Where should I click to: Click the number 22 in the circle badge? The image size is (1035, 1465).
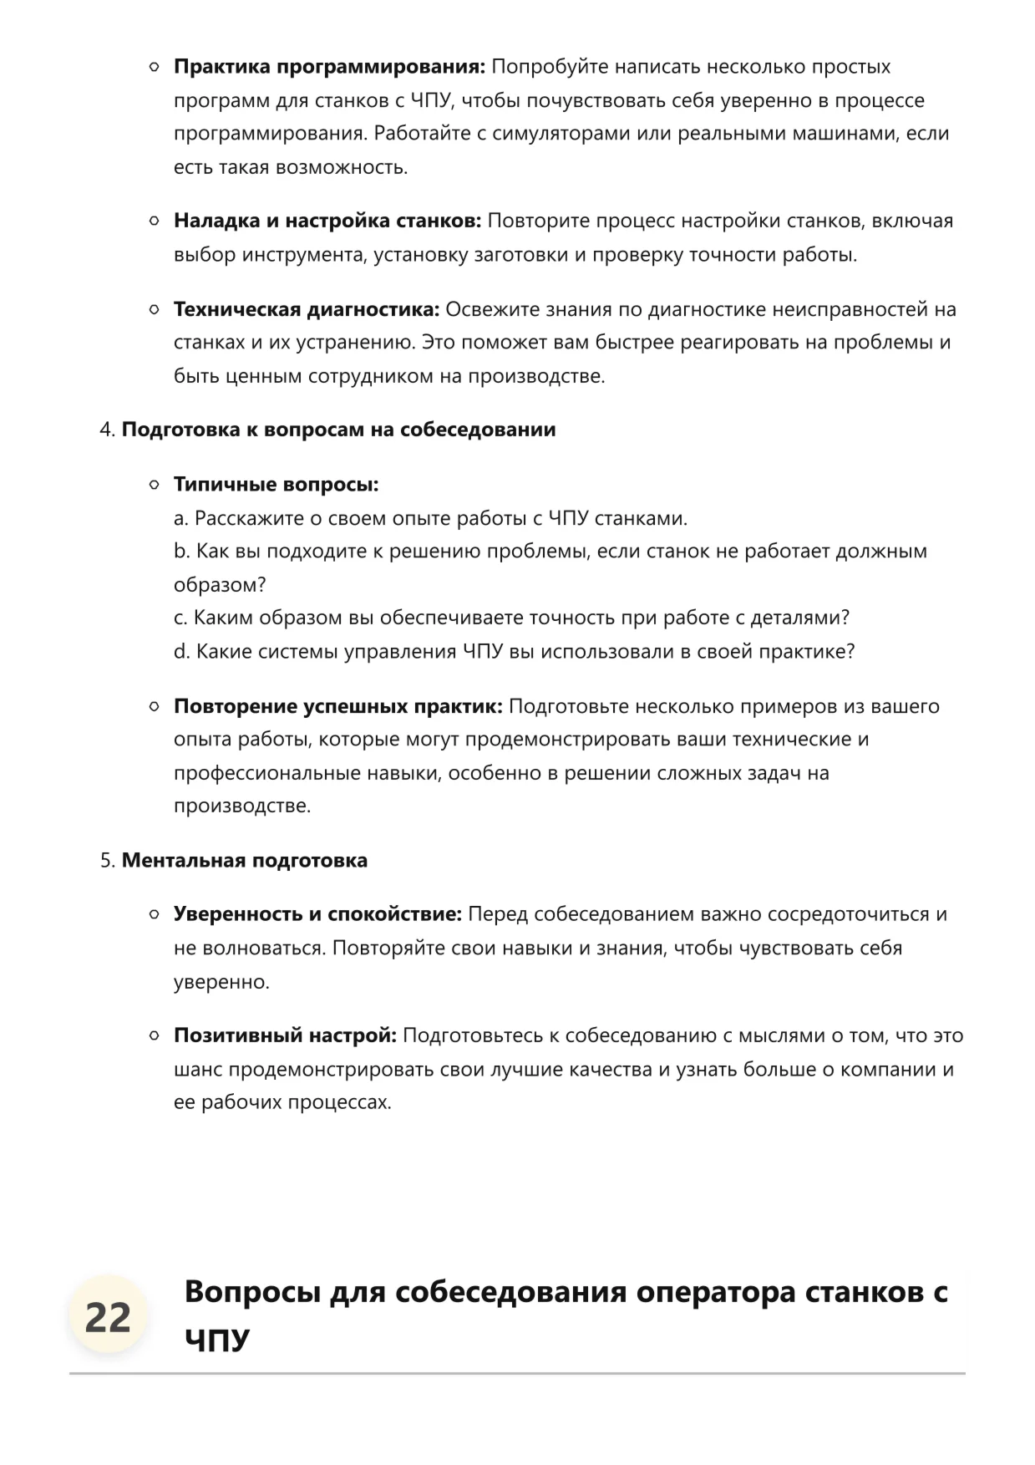pyautogui.click(x=108, y=1318)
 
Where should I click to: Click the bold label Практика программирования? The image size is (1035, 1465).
pyautogui.click(x=329, y=67)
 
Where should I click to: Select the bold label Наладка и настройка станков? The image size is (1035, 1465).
pyautogui.click(x=327, y=221)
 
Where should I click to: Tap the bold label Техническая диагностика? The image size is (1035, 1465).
pyautogui.click(x=307, y=309)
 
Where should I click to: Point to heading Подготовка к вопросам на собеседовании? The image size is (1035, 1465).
pyautogui.click(x=338, y=430)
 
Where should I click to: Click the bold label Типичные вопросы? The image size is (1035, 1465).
pyautogui.click(x=276, y=485)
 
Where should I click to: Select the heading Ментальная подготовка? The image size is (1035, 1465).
pyautogui.click(x=244, y=861)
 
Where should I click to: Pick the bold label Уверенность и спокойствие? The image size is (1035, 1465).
pyautogui.click(x=317, y=914)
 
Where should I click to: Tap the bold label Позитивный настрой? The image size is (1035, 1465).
pyautogui.click(x=285, y=1035)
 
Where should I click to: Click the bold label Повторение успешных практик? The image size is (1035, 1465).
pyautogui.click(x=337, y=706)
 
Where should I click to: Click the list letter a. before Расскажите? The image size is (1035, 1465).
pyautogui.click(x=181, y=518)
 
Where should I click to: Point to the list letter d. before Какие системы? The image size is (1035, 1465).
pyautogui.click(x=182, y=652)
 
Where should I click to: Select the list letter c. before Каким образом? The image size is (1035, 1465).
pyautogui.click(x=180, y=618)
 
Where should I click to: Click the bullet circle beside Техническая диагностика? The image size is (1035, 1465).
pyautogui.click(x=154, y=309)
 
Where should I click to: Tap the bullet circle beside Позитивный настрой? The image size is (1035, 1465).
pyautogui.click(x=154, y=1035)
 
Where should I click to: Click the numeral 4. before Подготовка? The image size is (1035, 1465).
pyautogui.click(x=107, y=430)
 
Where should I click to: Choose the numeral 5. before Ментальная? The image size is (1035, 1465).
pyautogui.click(x=107, y=861)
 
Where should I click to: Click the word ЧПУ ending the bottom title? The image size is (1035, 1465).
pyautogui.click(x=217, y=1340)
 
